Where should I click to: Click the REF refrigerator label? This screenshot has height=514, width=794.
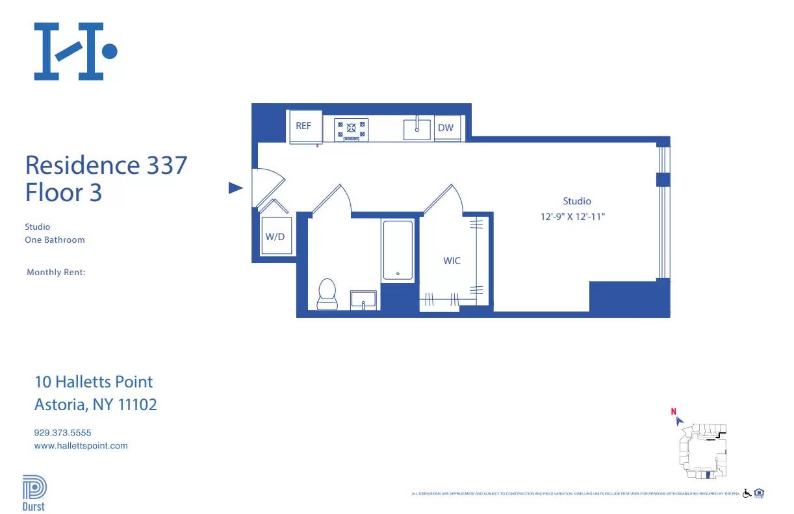click(303, 127)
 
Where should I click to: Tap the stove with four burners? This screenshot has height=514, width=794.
click(351, 129)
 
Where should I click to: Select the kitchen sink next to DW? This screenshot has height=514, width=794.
click(417, 128)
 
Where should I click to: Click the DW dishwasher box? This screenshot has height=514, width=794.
click(446, 128)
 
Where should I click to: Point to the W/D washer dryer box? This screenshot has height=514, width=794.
click(275, 236)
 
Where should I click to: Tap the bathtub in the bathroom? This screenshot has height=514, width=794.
click(398, 251)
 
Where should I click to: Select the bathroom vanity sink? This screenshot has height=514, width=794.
click(364, 300)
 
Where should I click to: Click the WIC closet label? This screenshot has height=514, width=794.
click(452, 261)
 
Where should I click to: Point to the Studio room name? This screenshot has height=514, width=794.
click(577, 201)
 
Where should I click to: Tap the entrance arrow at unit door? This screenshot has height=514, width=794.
click(235, 188)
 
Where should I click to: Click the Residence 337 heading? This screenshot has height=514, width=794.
click(106, 165)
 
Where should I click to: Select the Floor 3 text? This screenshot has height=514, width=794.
click(64, 193)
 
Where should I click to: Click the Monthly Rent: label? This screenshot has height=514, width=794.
click(56, 273)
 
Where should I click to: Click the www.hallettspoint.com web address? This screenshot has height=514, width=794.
click(81, 446)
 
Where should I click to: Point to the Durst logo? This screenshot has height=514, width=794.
click(34, 494)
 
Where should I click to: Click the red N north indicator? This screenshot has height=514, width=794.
click(674, 411)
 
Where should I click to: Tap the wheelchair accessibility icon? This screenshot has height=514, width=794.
click(747, 493)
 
